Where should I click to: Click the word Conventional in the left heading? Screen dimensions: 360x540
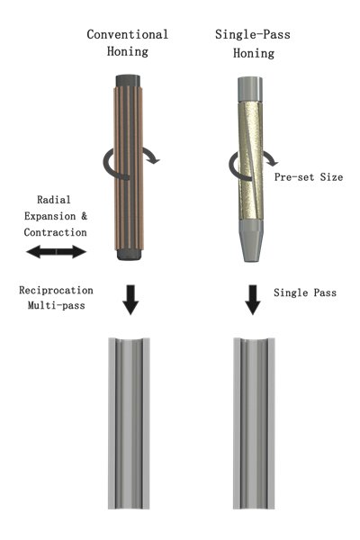point(128,34)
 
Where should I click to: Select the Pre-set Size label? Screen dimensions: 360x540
point(309,177)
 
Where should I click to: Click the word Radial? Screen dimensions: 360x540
point(54,200)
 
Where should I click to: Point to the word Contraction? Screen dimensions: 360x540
point(55,232)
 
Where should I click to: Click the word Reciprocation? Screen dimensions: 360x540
point(56,291)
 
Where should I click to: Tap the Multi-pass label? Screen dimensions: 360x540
point(56,305)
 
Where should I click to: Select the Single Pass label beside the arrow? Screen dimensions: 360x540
point(305,292)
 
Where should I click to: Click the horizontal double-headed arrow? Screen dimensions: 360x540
point(56,252)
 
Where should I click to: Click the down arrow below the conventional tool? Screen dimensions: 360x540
point(130,300)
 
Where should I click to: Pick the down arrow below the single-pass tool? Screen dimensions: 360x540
point(253,300)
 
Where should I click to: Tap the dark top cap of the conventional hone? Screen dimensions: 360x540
point(128,81)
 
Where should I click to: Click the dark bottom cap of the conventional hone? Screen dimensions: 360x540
point(129,254)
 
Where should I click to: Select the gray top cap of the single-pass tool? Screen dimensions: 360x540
point(250,89)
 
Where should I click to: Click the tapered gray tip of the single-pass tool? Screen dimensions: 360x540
point(251,240)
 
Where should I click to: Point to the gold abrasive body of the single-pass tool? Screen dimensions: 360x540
point(250,160)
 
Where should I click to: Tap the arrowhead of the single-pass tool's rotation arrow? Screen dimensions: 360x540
point(272,161)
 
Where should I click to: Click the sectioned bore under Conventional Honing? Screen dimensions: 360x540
point(129,423)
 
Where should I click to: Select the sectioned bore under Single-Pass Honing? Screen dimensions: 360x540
point(254,423)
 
